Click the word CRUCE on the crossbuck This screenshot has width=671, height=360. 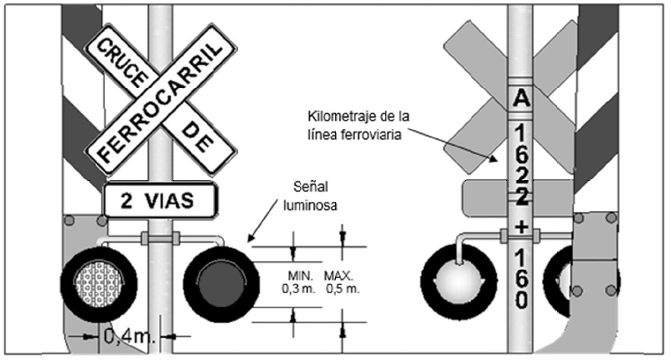coord(122,62)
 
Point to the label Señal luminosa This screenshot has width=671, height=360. coord(310,196)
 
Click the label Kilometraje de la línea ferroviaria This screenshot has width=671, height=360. coord(359,125)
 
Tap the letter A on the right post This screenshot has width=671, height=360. coord(521,98)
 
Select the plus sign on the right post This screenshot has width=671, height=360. coord(521,227)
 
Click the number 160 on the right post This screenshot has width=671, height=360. coord(521,279)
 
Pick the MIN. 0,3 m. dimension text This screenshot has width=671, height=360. coord(299,282)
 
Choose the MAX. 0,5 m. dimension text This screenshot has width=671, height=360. coord(342,282)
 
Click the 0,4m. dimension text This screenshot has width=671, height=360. coord(130,336)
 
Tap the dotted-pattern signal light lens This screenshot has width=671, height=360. coord(99,283)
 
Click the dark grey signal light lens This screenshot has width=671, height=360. coord(221,283)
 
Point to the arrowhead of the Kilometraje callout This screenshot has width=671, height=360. coord(494,159)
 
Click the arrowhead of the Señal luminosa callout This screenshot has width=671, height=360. coord(252,238)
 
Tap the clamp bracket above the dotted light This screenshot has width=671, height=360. coord(160,238)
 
